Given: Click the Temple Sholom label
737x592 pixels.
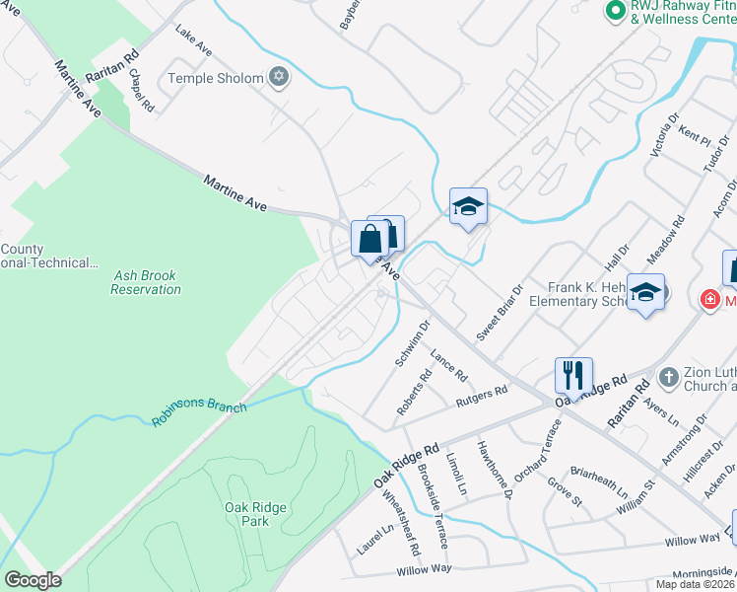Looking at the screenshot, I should [216, 78].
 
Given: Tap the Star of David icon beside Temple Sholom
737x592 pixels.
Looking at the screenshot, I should [279, 77].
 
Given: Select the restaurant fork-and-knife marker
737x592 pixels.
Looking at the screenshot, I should [573, 376].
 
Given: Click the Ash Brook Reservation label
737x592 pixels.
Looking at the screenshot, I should [146, 282].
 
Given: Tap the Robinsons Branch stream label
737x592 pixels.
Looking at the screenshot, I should [199, 408].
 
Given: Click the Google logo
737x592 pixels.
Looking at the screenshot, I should [33, 580].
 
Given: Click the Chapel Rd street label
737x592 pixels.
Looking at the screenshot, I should [140, 91].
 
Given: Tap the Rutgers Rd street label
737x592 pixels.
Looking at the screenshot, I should [481, 398].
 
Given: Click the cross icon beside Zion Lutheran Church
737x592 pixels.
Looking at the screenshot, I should [667, 377].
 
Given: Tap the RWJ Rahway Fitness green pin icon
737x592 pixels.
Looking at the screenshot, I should [615, 11].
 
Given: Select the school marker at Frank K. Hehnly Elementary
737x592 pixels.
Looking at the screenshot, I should [645, 293].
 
